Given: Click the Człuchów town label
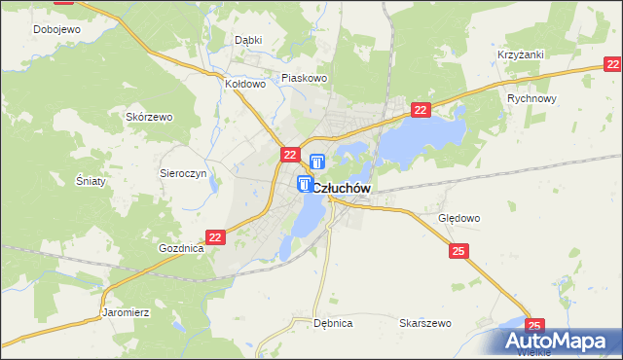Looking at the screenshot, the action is coord(342,188).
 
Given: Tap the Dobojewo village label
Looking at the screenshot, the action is coord(55,29).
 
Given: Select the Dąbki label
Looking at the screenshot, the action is coord(249,41).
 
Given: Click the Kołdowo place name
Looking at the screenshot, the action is coord(245,84).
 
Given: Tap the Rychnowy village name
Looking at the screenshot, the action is coord(531,99).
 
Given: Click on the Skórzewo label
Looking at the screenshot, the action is coord(149,117).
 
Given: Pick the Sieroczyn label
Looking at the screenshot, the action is coord(183,171).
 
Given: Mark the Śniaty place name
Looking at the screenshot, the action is coord(91,181).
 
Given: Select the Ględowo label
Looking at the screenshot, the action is coord(459,219).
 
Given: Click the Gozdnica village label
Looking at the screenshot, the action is coord(181,248).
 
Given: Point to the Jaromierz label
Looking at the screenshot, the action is coord(125,313).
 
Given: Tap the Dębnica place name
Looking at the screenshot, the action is coord(333,322).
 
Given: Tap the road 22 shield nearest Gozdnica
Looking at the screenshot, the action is coord(216,236).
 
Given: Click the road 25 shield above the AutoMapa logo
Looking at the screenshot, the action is coord(534,326).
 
